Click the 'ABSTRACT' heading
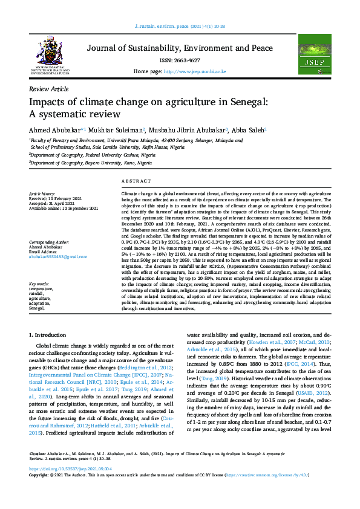pyautogui.click(x=136, y=181)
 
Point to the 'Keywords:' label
pyautogui.click(x=39, y=284)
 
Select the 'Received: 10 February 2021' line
pyautogui.click(x=55, y=198)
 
